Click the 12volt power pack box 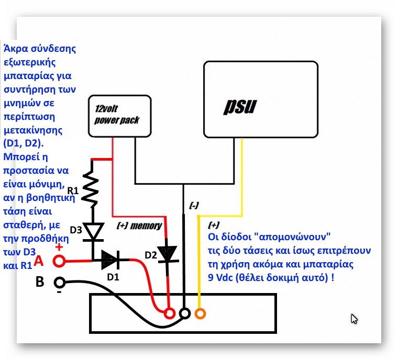120,117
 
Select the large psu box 260,99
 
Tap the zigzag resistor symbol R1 92,190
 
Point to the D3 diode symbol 93,231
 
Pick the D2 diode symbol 168,254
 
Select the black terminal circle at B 60,283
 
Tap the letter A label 40,260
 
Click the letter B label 40,282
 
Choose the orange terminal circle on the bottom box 200,313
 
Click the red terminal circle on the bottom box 169,313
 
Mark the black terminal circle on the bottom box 184,313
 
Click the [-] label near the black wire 194,206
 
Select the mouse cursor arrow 355,319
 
